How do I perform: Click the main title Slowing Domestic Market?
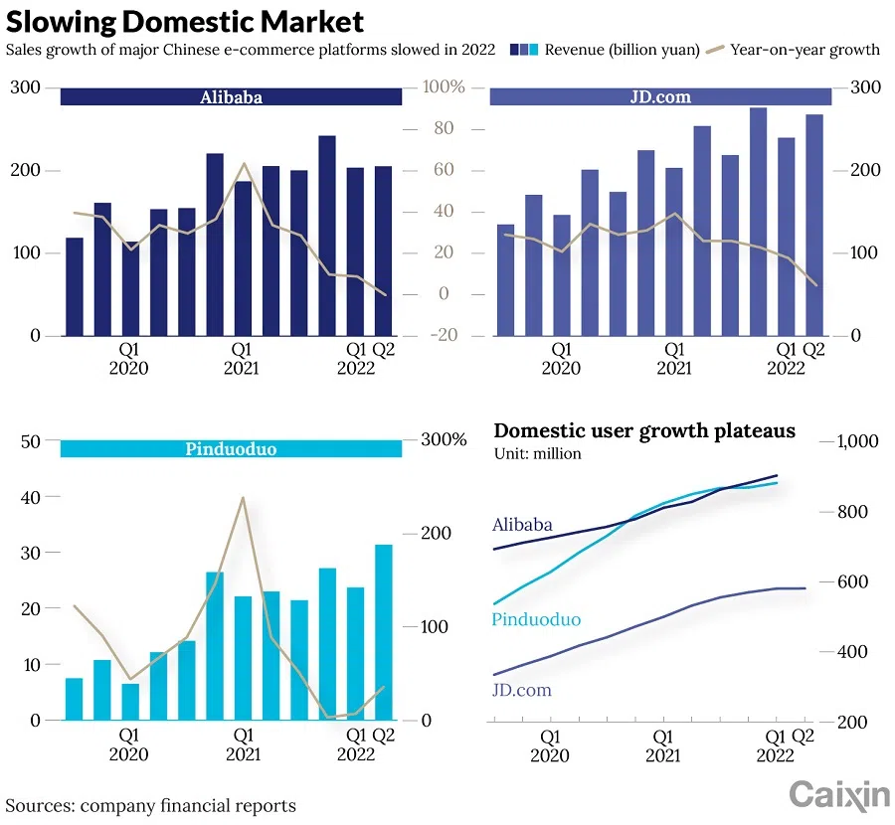[x=185, y=22]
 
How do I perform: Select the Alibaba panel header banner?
[x=231, y=97]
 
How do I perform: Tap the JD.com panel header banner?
[x=660, y=97]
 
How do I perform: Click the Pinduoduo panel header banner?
[x=231, y=449]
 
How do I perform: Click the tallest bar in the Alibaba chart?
[x=327, y=236]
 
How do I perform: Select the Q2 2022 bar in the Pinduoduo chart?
[x=383, y=631]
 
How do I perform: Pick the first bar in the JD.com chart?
[x=505, y=279]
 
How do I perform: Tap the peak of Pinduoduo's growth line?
[x=242, y=498]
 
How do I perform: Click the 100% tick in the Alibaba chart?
[x=445, y=88]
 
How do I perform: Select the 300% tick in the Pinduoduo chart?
[x=444, y=440]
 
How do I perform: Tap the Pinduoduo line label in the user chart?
[x=536, y=620]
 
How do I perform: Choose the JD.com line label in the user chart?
[x=522, y=690]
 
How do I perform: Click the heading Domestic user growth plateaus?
[x=644, y=430]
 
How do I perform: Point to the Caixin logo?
[x=839, y=794]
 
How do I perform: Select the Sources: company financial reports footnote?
[x=151, y=804]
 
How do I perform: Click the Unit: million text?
[x=537, y=454]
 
